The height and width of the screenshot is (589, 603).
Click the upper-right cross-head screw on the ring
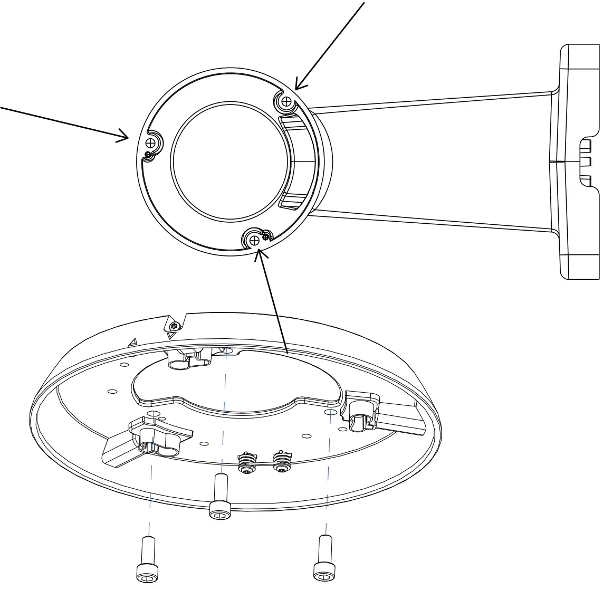tap(286, 101)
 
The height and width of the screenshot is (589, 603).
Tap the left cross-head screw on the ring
tap(152, 142)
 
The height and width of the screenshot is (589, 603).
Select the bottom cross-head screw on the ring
tap(255, 240)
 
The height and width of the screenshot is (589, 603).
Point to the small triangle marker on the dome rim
tap(133, 342)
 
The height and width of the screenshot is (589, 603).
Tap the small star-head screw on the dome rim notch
tap(175, 326)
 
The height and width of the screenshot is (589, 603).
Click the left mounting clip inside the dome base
tap(148, 439)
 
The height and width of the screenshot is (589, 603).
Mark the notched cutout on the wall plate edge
tap(587, 163)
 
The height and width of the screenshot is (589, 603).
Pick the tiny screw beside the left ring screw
tap(148, 154)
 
